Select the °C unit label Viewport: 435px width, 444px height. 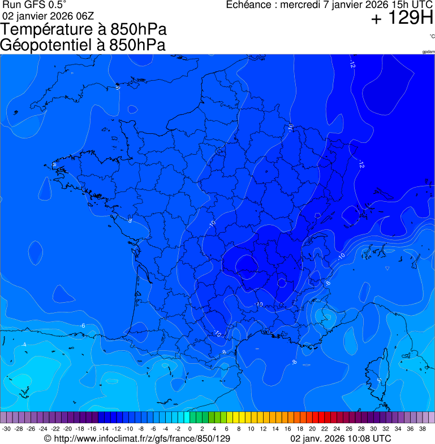432,36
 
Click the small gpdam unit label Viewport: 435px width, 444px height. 428,52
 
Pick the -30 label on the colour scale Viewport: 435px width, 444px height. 7,429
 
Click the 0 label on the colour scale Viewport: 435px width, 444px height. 189,429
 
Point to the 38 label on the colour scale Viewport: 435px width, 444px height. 421,429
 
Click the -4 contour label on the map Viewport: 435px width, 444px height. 24,345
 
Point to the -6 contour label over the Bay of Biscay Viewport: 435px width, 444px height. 83,326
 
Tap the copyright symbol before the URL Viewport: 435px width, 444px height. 48,438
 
